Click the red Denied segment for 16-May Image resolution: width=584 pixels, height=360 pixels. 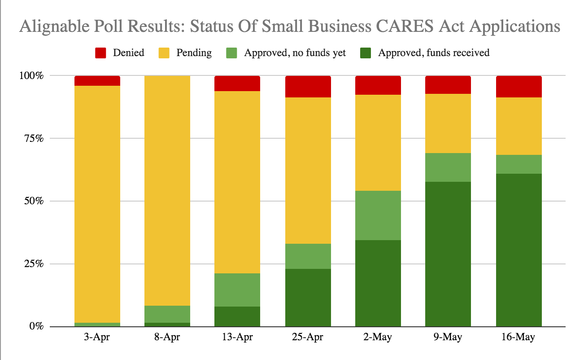pyautogui.click(x=519, y=87)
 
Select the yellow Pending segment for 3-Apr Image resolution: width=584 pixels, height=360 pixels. pyautogui.click(x=97, y=204)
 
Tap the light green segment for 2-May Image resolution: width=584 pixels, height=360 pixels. pyautogui.click(x=378, y=215)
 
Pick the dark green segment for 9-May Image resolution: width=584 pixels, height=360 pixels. pyautogui.click(x=448, y=254)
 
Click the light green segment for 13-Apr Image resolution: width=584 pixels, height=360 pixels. pyautogui.click(x=237, y=290)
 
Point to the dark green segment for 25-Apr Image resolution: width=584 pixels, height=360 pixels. pyautogui.click(x=308, y=298)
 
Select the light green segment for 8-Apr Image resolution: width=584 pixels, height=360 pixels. pyautogui.click(x=167, y=314)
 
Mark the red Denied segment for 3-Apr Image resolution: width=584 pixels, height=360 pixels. pyautogui.click(x=97, y=81)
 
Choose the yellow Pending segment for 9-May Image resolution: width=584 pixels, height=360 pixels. pyautogui.click(x=448, y=123)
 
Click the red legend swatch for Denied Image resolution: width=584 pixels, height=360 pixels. pyautogui.click(x=100, y=53)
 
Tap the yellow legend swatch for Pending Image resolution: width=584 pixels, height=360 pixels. pyautogui.click(x=164, y=53)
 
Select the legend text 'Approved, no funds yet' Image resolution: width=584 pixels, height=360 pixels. pyautogui.click(x=295, y=53)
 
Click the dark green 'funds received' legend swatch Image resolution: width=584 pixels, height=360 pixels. pyautogui.click(x=366, y=53)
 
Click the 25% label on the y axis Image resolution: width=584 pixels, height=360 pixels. pyautogui.click(x=34, y=264)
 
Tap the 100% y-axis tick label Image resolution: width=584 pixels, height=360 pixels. pyautogui.click(x=31, y=76)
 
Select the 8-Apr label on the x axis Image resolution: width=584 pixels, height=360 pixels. pyautogui.click(x=167, y=337)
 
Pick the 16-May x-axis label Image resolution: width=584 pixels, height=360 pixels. pyautogui.click(x=519, y=337)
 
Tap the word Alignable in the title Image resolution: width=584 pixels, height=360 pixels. pyautogui.click(x=54, y=26)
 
